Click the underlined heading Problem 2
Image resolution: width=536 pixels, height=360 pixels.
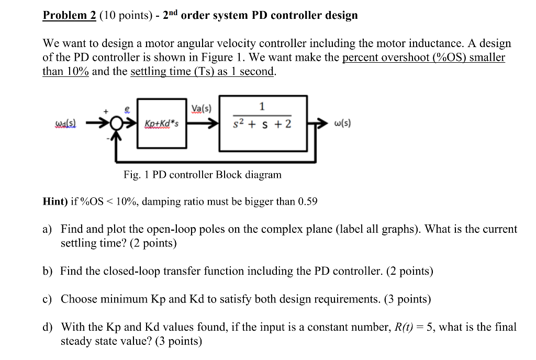coord(69,15)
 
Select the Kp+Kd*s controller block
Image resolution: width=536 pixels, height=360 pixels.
coord(162,124)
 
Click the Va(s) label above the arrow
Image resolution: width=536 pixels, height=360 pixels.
coord(202,108)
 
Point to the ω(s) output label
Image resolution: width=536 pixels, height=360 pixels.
coord(342,124)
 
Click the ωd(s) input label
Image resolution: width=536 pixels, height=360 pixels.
coord(65,124)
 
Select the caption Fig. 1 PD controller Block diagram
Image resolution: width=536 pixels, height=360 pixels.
coord(202,175)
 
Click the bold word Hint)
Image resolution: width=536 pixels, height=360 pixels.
coord(55,201)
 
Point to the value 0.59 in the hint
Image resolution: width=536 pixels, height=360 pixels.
coord(307,201)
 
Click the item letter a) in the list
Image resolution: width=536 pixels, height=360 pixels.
coord(48,229)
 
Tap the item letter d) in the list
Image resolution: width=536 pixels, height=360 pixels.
coord(48,328)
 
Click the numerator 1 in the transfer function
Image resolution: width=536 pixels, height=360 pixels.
coord(262,107)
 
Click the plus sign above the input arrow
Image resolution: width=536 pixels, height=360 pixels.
coord(106,111)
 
